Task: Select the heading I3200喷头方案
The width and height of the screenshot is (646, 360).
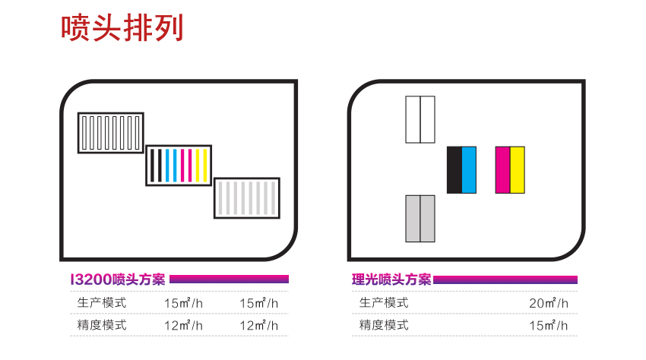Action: [117, 279]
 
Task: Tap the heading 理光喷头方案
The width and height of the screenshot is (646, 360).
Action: [391, 279]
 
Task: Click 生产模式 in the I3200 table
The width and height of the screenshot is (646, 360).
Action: [101, 303]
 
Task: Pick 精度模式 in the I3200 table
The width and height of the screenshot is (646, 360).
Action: [101, 325]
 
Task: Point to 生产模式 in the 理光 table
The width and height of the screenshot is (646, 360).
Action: [384, 303]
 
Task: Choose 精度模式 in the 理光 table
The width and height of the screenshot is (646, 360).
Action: [384, 325]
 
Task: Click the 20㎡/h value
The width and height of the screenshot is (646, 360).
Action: [549, 303]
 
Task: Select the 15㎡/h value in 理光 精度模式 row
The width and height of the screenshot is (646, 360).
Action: [549, 325]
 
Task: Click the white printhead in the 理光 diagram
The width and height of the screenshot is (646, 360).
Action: [420, 119]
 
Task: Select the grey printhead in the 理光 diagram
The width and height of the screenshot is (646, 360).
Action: [420, 219]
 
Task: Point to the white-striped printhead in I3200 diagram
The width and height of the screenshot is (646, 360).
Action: [111, 133]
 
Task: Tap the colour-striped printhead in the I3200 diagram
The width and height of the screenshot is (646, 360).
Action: [179, 165]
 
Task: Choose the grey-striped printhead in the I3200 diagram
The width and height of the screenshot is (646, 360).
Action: [247, 198]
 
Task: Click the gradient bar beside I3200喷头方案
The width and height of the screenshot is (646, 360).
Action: [229, 279]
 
